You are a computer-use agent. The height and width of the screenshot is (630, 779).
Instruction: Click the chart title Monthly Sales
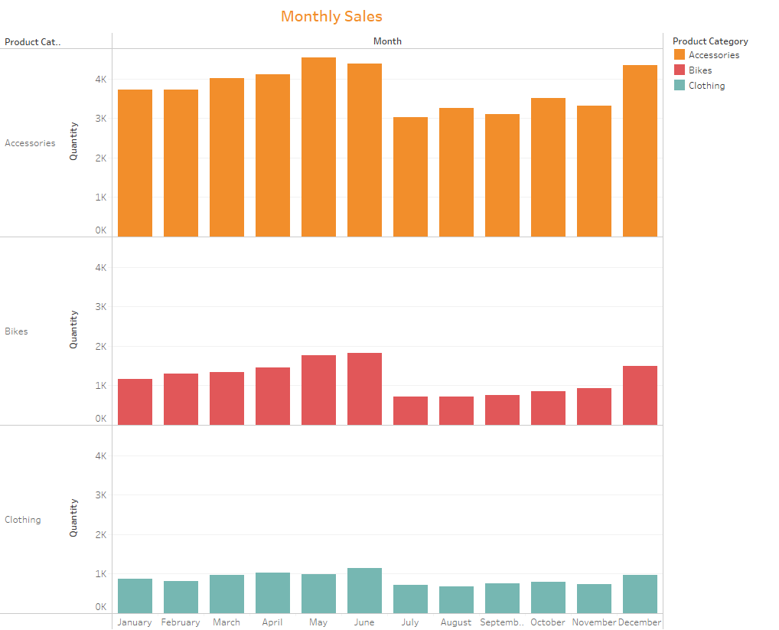point(331,16)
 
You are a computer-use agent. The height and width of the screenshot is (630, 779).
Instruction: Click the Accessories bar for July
point(410,177)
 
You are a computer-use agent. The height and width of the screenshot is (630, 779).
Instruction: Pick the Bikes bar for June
point(364,389)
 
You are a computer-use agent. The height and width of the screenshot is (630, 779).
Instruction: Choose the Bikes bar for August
point(456,411)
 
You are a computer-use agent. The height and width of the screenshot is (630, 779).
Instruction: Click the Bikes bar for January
point(135,402)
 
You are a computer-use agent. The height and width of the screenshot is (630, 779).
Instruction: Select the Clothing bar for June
point(364,590)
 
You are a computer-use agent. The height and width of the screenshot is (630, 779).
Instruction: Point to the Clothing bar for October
point(548,597)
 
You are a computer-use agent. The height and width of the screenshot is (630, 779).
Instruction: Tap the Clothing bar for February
point(181,597)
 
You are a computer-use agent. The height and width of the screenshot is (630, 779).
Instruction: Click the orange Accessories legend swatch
point(680,55)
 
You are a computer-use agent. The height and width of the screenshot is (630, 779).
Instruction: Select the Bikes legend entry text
point(700,70)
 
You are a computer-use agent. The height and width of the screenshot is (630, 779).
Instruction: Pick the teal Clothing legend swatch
point(680,86)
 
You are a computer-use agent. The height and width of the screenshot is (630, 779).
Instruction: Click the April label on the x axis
point(272,622)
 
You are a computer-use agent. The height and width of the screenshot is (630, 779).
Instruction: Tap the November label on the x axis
point(595,622)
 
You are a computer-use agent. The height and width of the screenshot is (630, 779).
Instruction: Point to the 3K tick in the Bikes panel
point(100,307)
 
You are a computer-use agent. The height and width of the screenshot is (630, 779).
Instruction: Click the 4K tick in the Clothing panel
point(100,455)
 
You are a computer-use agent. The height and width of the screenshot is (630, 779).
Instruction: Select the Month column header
point(387,41)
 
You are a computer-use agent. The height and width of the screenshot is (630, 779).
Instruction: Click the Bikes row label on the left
point(16,331)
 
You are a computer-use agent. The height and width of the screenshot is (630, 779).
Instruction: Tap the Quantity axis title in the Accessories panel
point(74,141)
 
